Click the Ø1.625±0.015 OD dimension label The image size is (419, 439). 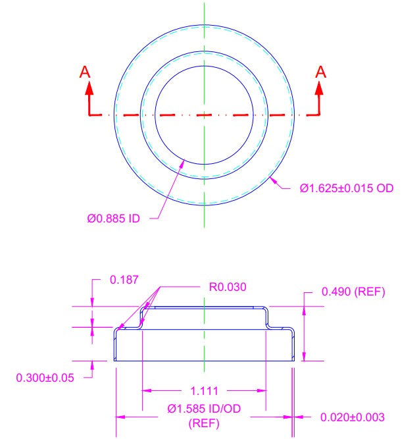point(347,188)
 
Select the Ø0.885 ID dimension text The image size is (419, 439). point(113,219)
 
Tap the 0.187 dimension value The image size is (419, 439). point(124,280)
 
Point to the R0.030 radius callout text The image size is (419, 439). point(228,287)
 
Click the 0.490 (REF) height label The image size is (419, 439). point(353,292)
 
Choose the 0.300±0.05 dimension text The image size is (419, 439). point(45,378)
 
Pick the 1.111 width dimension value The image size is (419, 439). point(204,391)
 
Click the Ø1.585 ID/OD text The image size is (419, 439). point(204,409)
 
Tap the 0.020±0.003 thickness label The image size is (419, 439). point(353,417)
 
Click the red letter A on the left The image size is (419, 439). point(85,72)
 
